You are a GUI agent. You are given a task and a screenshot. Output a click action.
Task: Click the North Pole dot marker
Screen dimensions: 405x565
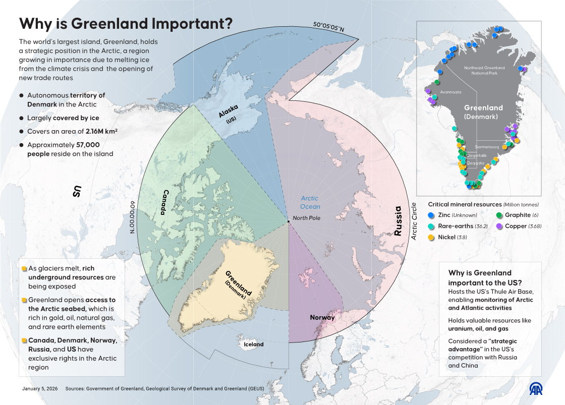(x=288, y=221)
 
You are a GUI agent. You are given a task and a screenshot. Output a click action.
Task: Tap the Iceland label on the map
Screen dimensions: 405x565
(x=254, y=344)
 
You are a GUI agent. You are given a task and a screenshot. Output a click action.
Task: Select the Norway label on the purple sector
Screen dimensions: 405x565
(x=322, y=317)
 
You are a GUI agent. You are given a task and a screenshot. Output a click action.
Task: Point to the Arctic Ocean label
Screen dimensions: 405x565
(x=310, y=202)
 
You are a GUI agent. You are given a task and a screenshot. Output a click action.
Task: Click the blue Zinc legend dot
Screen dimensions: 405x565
(x=431, y=215)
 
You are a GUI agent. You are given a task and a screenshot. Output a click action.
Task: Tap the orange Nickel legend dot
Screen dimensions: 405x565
(x=431, y=237)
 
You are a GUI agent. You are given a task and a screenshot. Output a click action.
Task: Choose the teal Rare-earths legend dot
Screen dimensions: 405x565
(x=431, y=226)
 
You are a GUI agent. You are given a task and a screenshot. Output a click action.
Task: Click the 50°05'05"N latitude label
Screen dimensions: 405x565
(x=328, y=27)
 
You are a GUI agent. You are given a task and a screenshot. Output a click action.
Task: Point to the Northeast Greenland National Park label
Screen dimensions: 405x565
(x=484, y=70)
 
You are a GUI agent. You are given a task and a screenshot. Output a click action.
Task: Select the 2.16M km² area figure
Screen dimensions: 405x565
(x=100, y=131)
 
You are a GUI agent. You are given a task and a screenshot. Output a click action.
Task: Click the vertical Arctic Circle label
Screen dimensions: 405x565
(x=415, y=221)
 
